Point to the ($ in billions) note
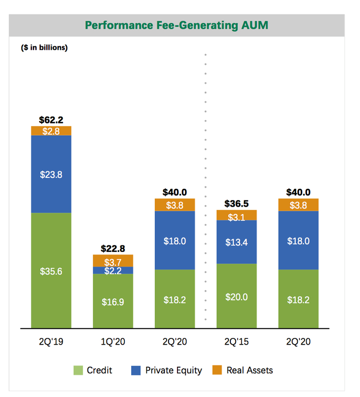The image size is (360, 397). (x=44, y=48)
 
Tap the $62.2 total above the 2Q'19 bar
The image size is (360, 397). (x=51, y=120)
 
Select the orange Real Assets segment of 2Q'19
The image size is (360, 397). (x=51, y=131)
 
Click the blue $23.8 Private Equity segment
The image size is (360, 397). (x=51, y=174)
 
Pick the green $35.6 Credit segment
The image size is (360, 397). (x=51, y=270)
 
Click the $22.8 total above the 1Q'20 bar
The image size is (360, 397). (x=113, y=249)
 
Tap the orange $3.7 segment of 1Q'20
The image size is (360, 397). (x=113, y=261)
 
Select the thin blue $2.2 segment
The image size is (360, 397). (x=113, y=270)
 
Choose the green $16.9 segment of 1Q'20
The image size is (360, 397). (x=113, y=301)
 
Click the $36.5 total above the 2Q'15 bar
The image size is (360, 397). (x=236, y=204)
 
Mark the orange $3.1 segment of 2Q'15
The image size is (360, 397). (x=236, y=215)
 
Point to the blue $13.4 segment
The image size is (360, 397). (x=236, y=242)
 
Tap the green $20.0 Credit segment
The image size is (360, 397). (x=236, y=296)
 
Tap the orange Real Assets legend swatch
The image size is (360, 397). (x=217, y=370)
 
